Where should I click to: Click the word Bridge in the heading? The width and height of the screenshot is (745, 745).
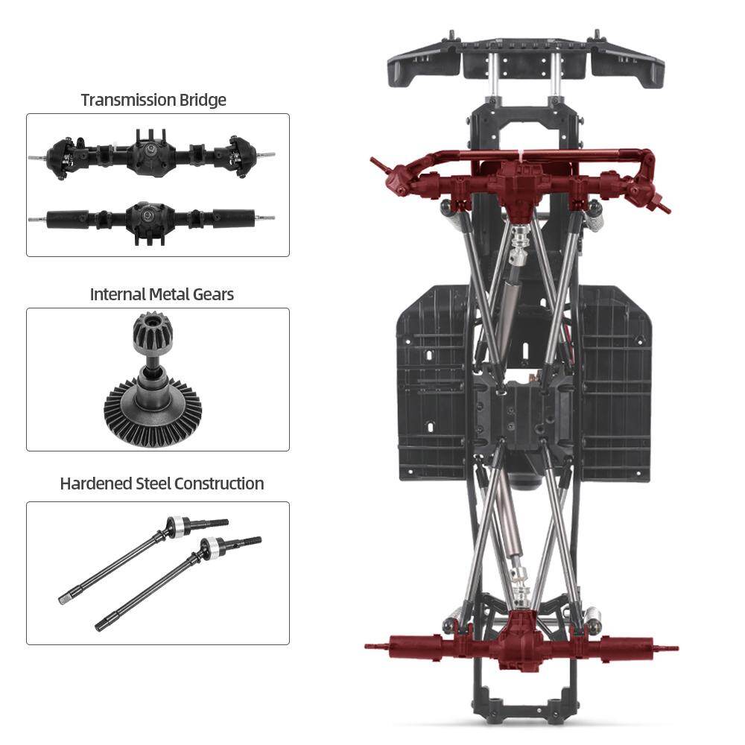[202, 100]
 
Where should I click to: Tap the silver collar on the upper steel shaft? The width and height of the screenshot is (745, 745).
[177, 526]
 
